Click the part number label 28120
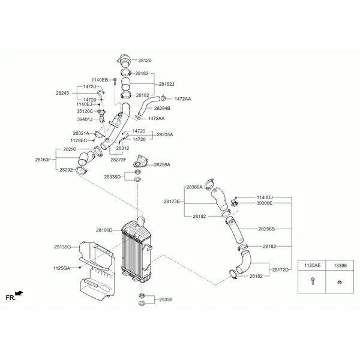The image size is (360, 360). [x=145, y=61]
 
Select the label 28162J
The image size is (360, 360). [x=166, y=84]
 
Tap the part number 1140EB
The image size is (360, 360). [x=100, y=80]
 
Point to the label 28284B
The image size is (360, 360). [x=162, y=108]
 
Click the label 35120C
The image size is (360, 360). [x=85, y=112]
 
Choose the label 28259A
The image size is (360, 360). [x=162, y=164]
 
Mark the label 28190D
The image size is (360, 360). [x=104, y=230]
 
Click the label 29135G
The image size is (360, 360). [x=62, y=247]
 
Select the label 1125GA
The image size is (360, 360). [x=62, y=268]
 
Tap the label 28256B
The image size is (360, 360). [x=266, y=229]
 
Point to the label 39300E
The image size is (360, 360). [x=264, y=203]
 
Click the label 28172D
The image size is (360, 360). [x=280, y=270]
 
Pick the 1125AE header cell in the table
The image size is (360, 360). [x=312, y=265]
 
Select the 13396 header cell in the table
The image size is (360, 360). [x=340, y=265]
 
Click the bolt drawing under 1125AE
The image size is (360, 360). [x=312, y=281]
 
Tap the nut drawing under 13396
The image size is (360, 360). [x=340, y=282]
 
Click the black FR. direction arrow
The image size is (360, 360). [x=19, y=293]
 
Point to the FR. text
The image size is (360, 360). [x=11, y=298]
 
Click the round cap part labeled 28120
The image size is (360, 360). [x=124, y=61]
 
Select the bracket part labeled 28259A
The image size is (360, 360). [x=140, y=161]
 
